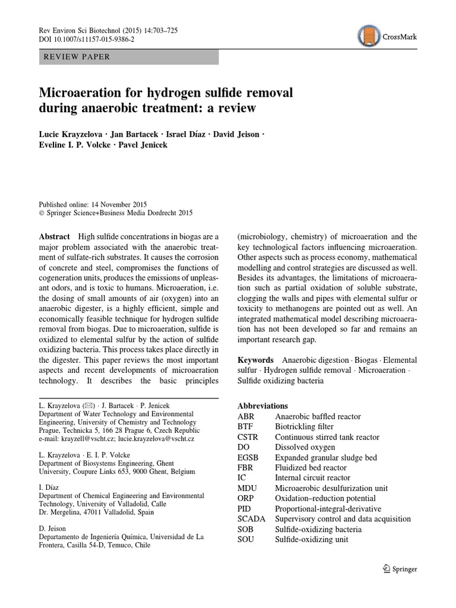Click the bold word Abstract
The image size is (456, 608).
[x=55, y=236]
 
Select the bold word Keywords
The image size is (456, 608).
[x=255, y=360]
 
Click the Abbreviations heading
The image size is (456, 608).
[x=262, y=406]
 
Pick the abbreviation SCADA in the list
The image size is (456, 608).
[x=250, y=519]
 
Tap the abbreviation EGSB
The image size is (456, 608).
[x=248, y=458]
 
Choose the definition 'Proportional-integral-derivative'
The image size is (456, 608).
[x=328, y=509]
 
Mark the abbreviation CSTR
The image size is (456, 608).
[x=248, y=437]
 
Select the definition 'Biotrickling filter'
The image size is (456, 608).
[x=305, y=427]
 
